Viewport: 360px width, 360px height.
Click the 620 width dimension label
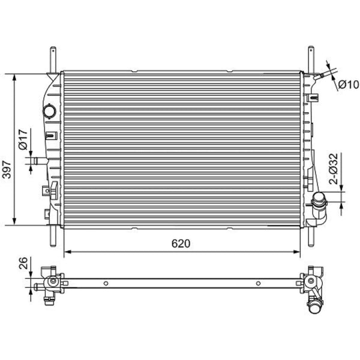[181, 244]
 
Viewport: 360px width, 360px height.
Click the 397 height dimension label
[7, 170]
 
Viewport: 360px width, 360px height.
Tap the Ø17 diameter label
[23, 140]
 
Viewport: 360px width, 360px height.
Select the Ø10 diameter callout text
[349, 85]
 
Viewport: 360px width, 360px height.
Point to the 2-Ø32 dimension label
[334, 169]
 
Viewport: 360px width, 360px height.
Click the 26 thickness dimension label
[23, 263]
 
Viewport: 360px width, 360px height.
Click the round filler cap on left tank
[49, 111]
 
